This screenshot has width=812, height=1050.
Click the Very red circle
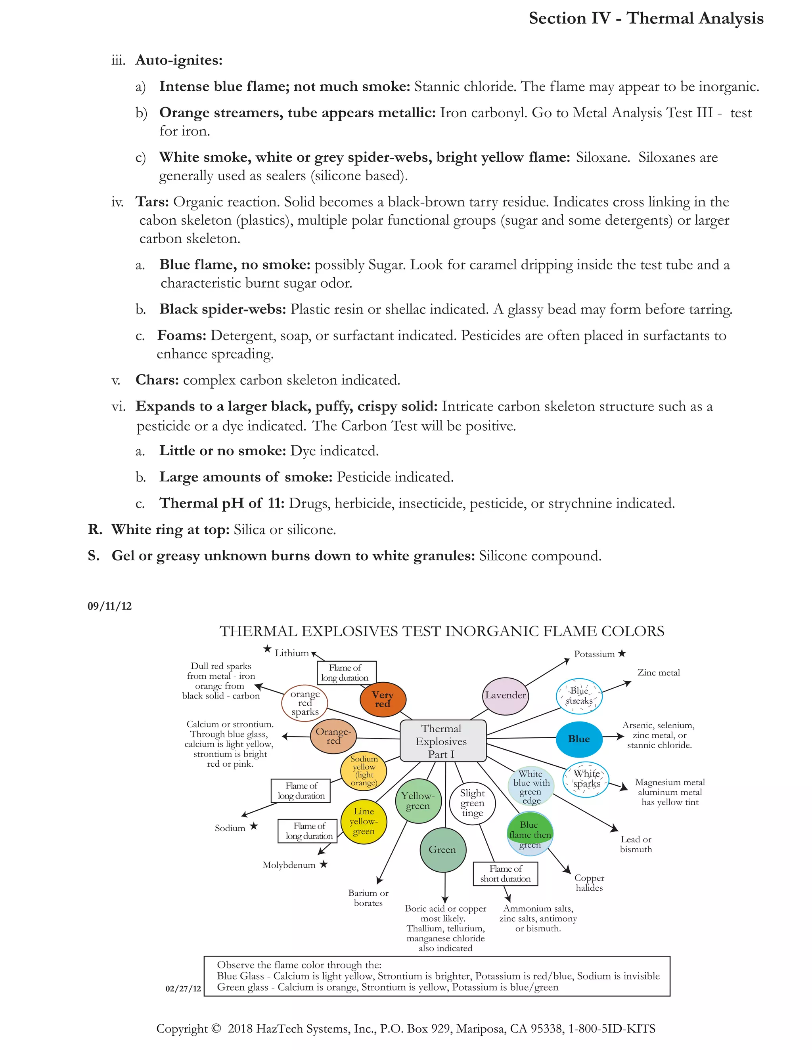(x=383, y=699)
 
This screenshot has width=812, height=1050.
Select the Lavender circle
(x=505, y=695)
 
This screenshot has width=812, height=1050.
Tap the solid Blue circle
(x=579, y=739)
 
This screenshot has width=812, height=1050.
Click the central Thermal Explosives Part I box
(x=442, y=741)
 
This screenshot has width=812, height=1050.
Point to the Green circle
(x=442, y=850)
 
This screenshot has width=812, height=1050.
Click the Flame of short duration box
(x=505, y=874)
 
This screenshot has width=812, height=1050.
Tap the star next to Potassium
(x=622, y=653)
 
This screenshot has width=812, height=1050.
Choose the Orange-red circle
(x=333, y=736)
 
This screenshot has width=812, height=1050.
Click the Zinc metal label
(x=658, y=673)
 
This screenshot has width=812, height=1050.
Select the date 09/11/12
(x=110, y=606)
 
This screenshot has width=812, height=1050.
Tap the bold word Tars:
(x=152, y=202)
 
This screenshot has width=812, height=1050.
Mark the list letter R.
(x=95, y=529)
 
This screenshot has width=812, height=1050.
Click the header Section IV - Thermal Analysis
(x=645, y=18)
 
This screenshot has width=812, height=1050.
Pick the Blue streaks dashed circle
(x=579, y=696)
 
